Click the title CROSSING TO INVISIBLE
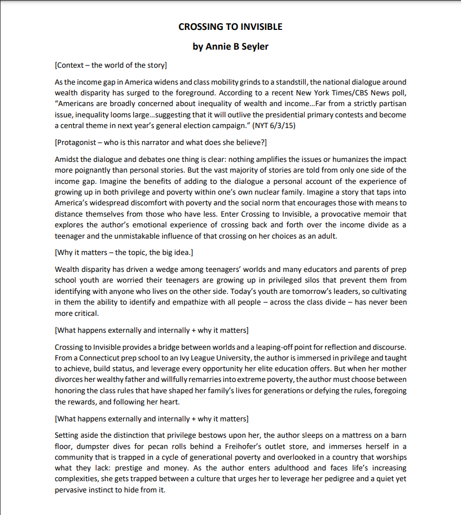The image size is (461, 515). coord(230,27)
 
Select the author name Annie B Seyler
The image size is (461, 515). coord(230,46)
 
